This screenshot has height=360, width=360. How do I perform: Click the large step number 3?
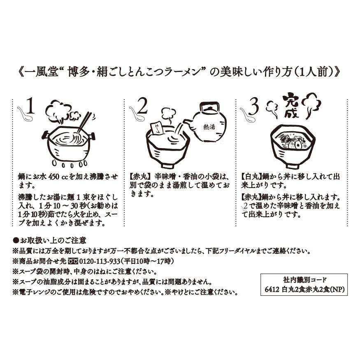click(x=254, y=108)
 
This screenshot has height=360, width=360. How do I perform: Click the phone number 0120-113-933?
click(x=101, y=261)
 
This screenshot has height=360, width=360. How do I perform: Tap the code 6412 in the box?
click(x=273, y=289)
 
